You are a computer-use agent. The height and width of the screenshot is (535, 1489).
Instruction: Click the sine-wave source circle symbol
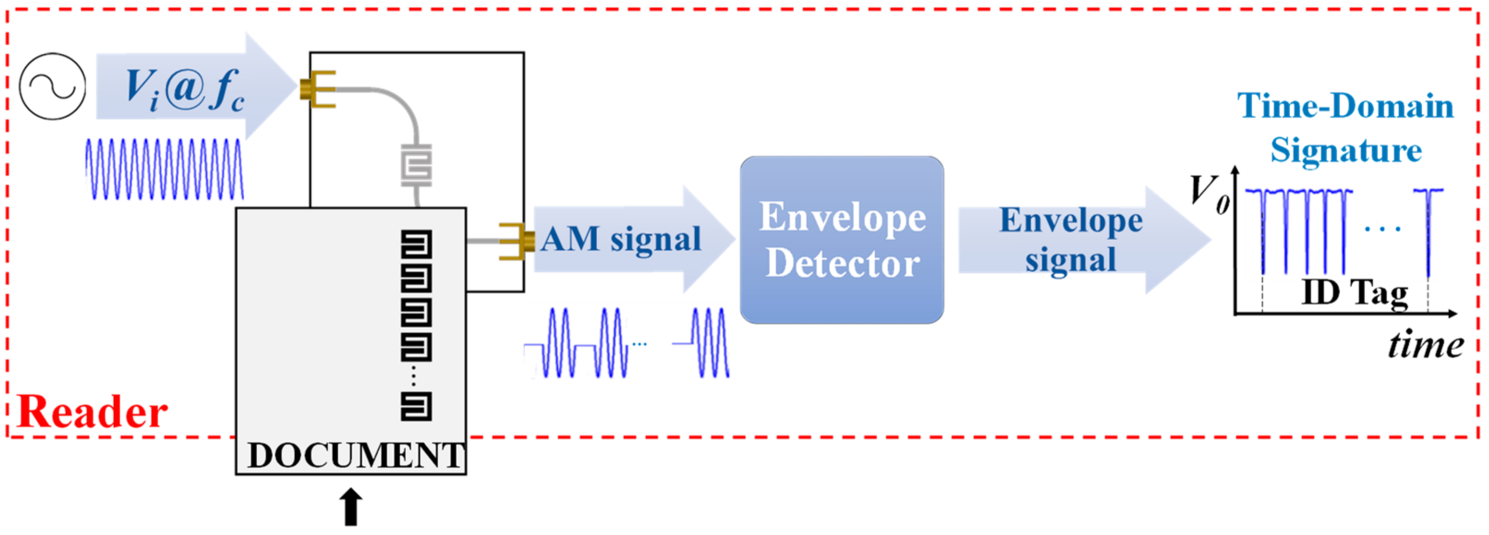coord(52,87)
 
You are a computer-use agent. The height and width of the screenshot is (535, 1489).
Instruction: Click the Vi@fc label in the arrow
coord(184,89)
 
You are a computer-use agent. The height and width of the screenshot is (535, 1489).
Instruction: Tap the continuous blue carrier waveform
coord(165,169)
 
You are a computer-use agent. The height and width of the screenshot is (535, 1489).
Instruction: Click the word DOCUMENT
coord(355,456)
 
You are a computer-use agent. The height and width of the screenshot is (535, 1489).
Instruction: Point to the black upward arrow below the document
coord(351,507)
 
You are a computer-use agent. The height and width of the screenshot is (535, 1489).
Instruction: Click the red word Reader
coord(92,412)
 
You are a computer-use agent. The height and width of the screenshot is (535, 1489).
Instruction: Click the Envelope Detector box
coord(842,240)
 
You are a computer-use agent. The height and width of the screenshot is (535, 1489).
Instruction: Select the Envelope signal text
coord(1071,239)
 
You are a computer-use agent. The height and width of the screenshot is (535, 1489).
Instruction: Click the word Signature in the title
coord(1346,151)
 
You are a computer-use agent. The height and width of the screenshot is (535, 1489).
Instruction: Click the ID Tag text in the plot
coord(1354,294)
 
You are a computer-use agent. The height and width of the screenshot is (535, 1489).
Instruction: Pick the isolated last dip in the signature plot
coord(1428,231)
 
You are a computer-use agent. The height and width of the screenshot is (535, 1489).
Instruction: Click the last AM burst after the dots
coord(710,343)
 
